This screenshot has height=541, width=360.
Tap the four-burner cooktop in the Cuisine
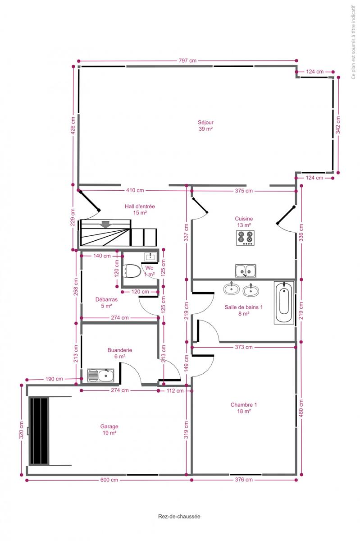(x=245, y=238)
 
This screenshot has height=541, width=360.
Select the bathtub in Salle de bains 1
(x=284, y=303)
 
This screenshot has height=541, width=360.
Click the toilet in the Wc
(x=132, y=271)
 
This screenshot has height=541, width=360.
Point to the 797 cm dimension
(x=187, y=60)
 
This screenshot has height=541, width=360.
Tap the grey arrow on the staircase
(x=105, y=225)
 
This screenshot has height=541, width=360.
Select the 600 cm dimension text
(x=109, y=480)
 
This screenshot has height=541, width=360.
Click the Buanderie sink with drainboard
(x=100, y=375)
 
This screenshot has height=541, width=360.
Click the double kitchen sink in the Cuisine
(x=246, y=271)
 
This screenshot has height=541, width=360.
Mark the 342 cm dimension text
(x=338, y=125)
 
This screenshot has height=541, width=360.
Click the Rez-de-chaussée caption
(x=179, y=516)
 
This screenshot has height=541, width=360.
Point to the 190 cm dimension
(x=54, y=379)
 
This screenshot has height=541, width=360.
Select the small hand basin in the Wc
(x=150, y=257)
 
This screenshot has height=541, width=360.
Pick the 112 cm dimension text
(x=175, y=390)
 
